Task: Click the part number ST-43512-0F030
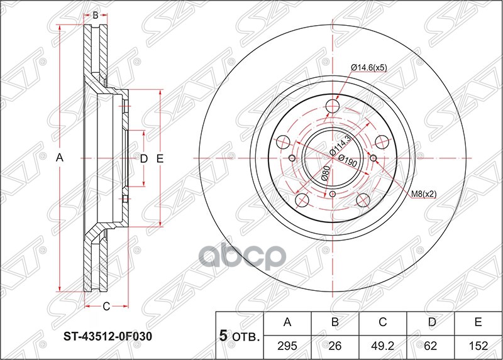[107, 336]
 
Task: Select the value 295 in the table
[287, 346]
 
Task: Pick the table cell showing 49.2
[383, 346]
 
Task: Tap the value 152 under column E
[478, 346]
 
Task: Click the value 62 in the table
[431, 346]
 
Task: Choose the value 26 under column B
[335, 346]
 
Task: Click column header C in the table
[383, 323]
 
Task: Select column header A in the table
[287, 323]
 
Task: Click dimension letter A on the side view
[60, 159]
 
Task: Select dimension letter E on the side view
[160, 159]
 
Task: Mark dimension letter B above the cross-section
[95, 15]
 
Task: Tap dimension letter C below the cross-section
[106, 307]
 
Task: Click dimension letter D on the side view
[143, 159]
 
